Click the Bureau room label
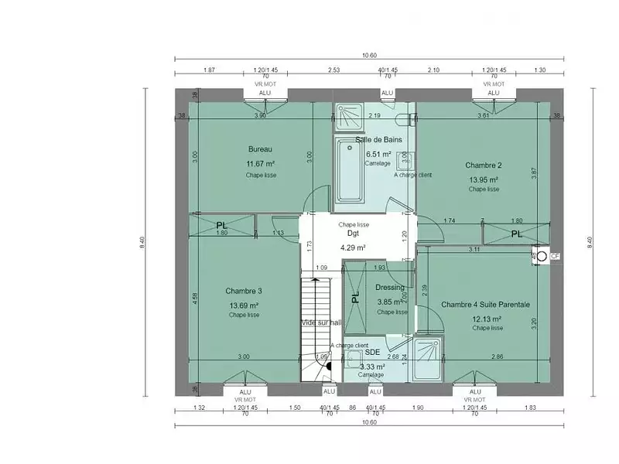point(259,149)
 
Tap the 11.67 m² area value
point(261,164)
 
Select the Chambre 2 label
point(484,165)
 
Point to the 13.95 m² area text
point(484,179)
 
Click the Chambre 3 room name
point(244,291)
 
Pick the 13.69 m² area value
point(244,305)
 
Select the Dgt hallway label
point(353,233)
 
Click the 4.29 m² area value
point(353,247)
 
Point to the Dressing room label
point(390,288)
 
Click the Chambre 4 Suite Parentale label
point(485,305)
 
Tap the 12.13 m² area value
point(487,319)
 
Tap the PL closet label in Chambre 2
point(516,233)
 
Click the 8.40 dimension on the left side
point(142,243)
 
